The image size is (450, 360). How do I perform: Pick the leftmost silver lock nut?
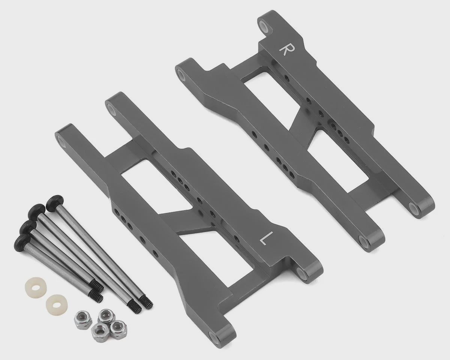(x=81, y=322)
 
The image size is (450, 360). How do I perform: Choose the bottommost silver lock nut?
(x=99, y=332)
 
